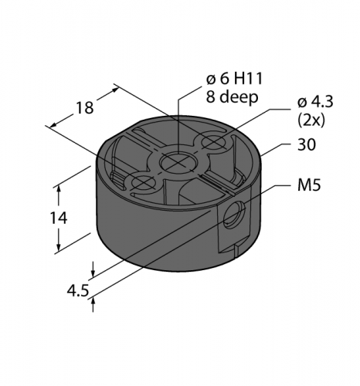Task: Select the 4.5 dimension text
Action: coord(76,292)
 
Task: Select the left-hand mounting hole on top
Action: coord(143,183)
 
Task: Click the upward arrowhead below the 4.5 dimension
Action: coord(93,303)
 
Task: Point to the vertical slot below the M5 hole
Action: coord(235,248)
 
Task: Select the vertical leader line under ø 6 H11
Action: coord(179,124)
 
